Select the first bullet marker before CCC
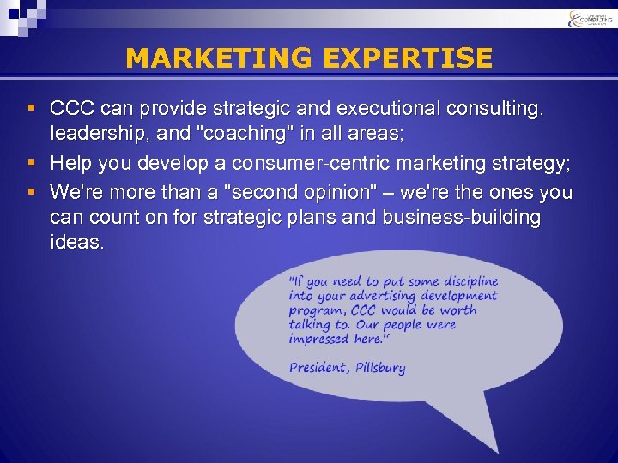click(x=31, y=110)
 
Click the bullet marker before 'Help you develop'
click(x=31, y=163)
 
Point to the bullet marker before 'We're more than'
click(x=31, y=190)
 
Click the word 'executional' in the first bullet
click(x=386, y=110)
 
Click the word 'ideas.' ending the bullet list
click(x=77, y=243)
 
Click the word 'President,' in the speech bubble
click(x=318, y=368)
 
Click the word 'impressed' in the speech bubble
click(x=318, y=339)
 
